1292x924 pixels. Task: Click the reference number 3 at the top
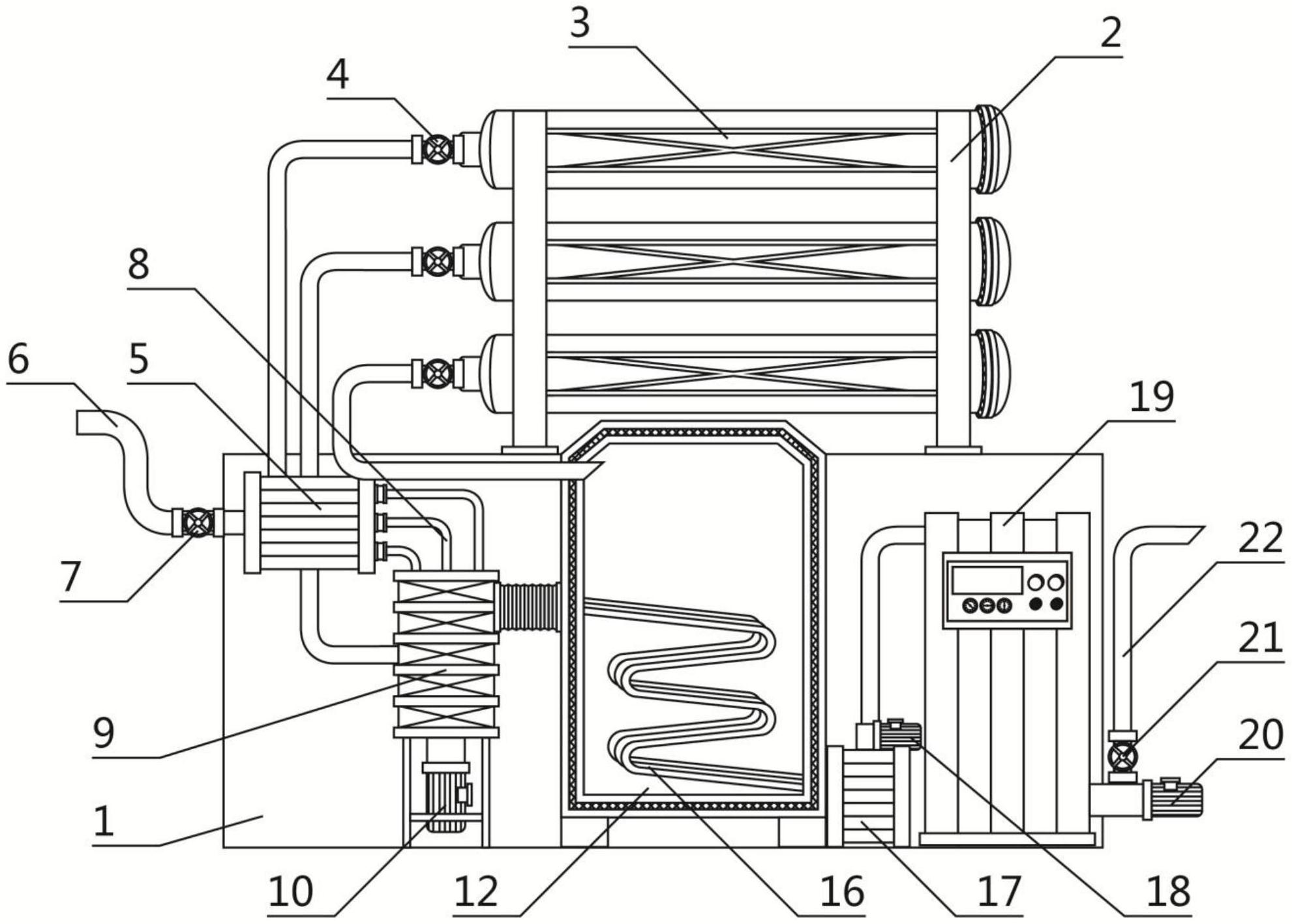point(580,24)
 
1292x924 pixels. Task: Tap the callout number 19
point(1151,397)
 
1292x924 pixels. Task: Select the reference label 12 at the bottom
point(476,892)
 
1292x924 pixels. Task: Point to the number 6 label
point(18,359)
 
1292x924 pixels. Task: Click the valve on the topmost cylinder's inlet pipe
point(437,149)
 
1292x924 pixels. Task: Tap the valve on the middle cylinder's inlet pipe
point(437,262)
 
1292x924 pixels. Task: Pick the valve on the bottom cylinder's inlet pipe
point(437,374)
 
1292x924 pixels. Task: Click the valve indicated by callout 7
point(198,522)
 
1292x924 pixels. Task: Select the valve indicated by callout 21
point(1122,757)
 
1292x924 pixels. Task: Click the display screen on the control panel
point(987,580)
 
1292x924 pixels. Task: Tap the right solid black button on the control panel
point(1057,604)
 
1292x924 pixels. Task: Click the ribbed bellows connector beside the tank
point(529,607)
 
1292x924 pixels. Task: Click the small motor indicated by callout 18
point(899,735)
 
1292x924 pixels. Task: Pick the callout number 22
point(1259,539)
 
